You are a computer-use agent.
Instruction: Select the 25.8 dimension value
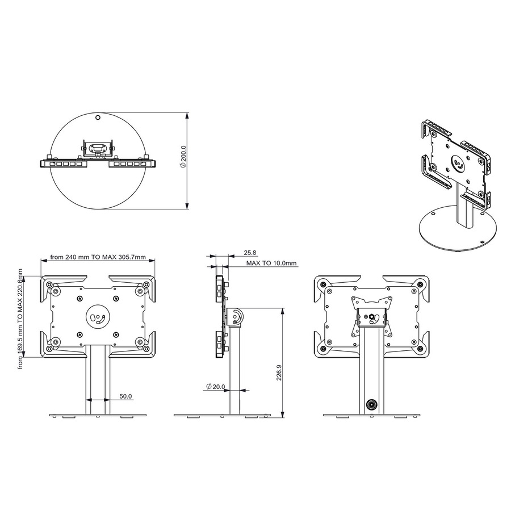click(250, 252)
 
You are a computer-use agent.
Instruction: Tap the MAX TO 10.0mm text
click(271, 263)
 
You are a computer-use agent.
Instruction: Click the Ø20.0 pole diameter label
click(215, 387)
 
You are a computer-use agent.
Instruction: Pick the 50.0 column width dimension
click(125, 396)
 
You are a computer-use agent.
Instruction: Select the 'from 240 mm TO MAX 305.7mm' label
click(98, 257)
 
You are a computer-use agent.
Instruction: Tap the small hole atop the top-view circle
click(98, 118)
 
